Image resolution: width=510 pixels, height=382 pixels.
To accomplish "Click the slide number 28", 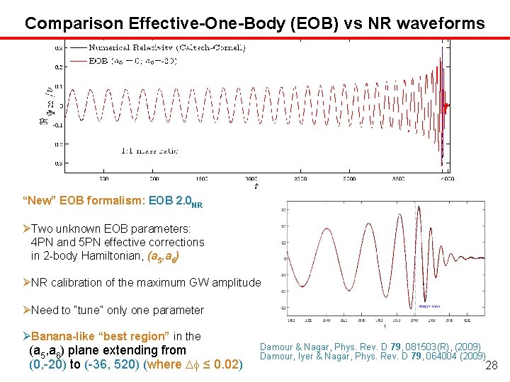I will pyautogui.click(x=492, y=364).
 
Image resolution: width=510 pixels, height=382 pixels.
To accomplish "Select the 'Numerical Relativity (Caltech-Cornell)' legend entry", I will pyautogui.click(x=167, y=47).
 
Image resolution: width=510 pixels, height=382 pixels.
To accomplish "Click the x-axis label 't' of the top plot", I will pyautogui.click(x=256, y=187).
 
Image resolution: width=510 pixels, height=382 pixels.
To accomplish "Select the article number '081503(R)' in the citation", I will pyautogui.click(x=412, y=347).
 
